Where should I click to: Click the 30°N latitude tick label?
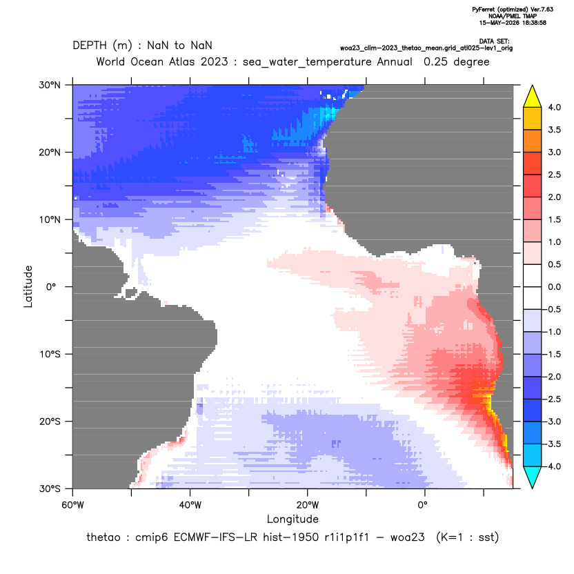click(x=50, y=85)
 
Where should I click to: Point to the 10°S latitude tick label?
click(x=50, y=355)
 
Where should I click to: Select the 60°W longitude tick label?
click(x=72, y=505)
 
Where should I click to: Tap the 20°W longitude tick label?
click(x=308, y=505)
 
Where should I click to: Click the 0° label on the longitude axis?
click(x=422, y=505)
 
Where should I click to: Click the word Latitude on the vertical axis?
click(x=28, y=286)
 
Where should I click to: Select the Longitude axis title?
click(x=293, y=519)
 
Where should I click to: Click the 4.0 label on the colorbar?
click(x=554, y=107)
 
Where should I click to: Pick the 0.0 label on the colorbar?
click(x=554, y=287)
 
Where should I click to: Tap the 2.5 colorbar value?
click(x=554, y=175)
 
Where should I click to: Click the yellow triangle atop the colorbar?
click(x=533, y=97)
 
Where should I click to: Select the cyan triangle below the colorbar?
click(x=533, y=477)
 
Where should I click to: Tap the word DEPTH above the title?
click(x=90, y=46)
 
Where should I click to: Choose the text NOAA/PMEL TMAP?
click(x=513, y=16)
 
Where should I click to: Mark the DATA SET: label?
click(x=494, y=41)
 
